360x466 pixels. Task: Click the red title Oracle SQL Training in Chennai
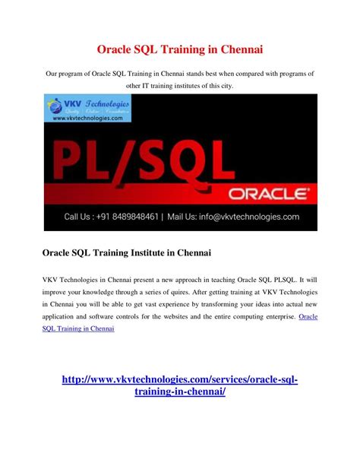click(179, 49)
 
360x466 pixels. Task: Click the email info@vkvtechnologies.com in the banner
click(253, 217)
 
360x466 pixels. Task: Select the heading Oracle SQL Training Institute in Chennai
click(125, 252)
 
